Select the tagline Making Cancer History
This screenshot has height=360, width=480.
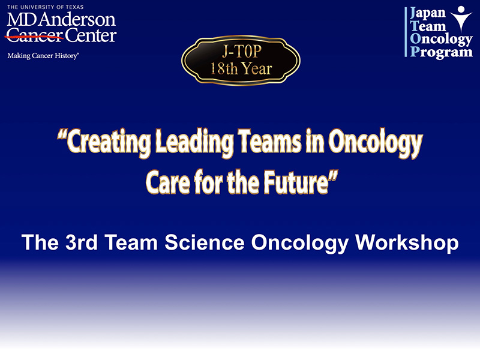pos(43,56)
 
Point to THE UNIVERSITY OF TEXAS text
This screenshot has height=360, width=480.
pos(46,7)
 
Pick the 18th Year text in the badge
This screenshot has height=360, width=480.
pos(241,68)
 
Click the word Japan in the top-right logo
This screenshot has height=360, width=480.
pos(428,13)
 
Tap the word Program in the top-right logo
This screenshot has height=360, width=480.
pos(441,52)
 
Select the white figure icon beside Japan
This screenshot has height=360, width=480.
pos(461,19)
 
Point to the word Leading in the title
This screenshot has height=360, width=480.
pos(194,142)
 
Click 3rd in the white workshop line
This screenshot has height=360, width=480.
pos(82,242)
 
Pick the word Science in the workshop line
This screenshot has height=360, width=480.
pos(205,242)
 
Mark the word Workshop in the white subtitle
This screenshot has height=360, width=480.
pos(407,243)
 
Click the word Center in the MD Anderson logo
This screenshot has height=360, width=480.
pos(91,35)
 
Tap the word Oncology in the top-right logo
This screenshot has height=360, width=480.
pos(441,39)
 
